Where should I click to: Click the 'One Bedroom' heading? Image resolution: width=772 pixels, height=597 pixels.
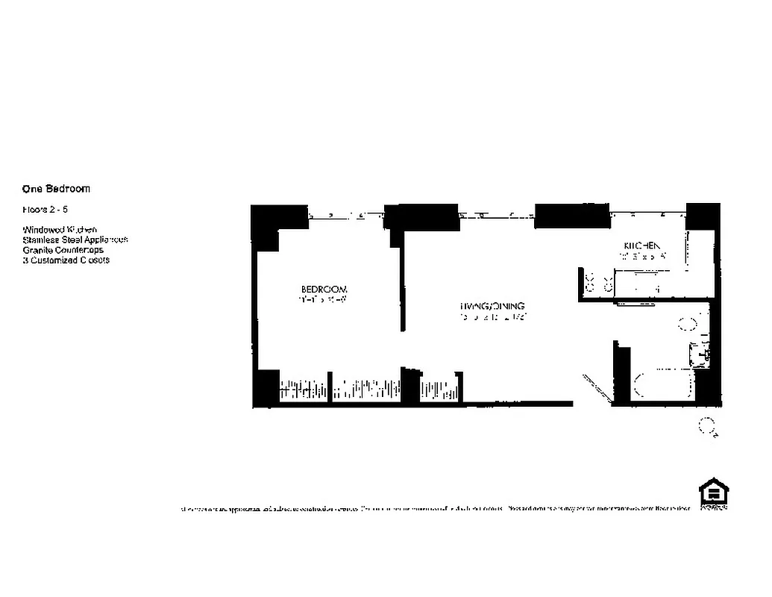point(56,189)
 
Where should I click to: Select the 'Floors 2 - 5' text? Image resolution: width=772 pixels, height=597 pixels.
point(45,210)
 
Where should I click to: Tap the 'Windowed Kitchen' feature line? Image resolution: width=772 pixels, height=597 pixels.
point(60,229)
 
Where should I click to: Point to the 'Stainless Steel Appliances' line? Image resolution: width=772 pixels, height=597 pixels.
point(75,240)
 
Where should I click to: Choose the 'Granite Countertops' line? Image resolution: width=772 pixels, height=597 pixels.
point(63,250)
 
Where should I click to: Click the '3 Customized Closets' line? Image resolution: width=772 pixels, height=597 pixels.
point(66,260)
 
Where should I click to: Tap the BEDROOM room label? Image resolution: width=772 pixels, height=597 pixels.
point(324,289)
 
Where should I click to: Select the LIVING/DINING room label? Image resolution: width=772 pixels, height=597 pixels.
point(492,306)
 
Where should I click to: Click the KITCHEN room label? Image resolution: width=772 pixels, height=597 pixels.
point(641,246)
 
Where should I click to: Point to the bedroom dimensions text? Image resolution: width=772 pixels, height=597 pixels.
point(324,300)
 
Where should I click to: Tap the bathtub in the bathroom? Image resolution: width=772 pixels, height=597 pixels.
point(663,386)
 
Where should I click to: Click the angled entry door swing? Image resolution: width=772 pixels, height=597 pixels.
point(597,384)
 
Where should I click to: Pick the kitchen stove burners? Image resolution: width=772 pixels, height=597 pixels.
point(598,284)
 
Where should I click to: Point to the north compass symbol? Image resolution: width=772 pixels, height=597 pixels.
point(706,426)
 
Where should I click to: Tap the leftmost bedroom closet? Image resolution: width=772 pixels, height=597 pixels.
point(303,390)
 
